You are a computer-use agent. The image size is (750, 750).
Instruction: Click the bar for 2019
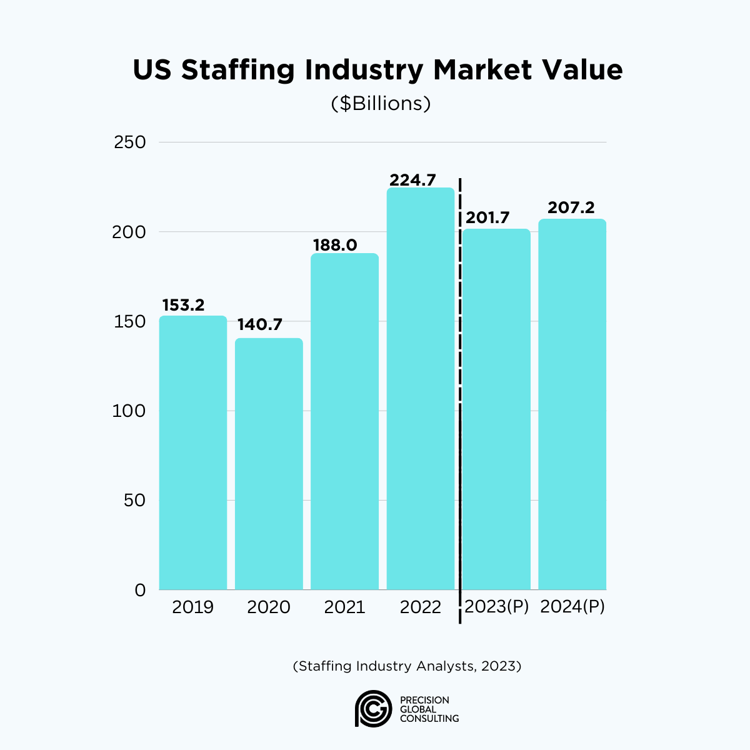192,452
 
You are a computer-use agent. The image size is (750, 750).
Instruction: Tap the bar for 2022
421,388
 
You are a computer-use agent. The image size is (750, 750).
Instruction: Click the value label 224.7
412,180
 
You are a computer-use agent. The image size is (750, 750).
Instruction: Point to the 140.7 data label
259,325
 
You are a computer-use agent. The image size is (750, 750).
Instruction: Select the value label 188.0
335,245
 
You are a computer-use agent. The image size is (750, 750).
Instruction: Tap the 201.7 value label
487,218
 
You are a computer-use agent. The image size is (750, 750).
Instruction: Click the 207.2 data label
571,207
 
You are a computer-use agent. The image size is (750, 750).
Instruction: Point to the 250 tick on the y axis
130,142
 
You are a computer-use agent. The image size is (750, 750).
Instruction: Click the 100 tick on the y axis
130,411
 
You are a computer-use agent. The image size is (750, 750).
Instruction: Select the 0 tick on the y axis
139,590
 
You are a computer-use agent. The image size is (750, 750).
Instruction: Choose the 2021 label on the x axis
344,607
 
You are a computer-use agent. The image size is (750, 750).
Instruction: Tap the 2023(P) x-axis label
497,607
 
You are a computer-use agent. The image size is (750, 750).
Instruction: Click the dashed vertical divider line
460,400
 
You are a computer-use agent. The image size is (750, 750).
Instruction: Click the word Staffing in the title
237,70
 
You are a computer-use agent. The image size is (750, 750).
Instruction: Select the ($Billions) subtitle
381,103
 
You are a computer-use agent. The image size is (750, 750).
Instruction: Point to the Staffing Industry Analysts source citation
407,666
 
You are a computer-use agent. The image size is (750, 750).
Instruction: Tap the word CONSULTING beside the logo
429,719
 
